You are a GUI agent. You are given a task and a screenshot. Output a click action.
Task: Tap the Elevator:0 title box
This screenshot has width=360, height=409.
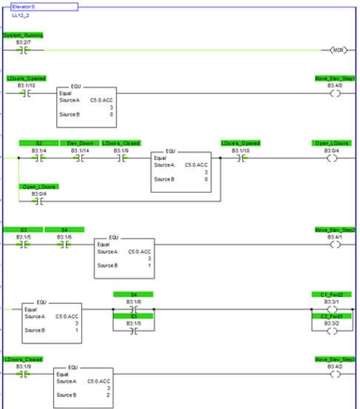44,6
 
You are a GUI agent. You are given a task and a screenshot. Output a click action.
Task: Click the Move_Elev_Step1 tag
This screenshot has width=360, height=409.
336,78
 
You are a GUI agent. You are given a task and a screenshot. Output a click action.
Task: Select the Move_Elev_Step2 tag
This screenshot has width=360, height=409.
336,230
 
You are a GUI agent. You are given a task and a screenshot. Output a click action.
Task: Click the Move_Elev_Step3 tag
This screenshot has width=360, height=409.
336,359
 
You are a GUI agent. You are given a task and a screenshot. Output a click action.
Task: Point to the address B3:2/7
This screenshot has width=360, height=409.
25,42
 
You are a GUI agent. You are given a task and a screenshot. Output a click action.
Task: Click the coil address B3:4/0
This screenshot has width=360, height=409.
336,85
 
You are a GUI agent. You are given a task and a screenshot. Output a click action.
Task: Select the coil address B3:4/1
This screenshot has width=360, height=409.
336,237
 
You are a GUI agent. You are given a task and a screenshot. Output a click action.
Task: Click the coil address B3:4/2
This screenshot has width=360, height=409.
336,366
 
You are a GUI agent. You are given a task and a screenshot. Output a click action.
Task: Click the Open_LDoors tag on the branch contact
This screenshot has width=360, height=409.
39,186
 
